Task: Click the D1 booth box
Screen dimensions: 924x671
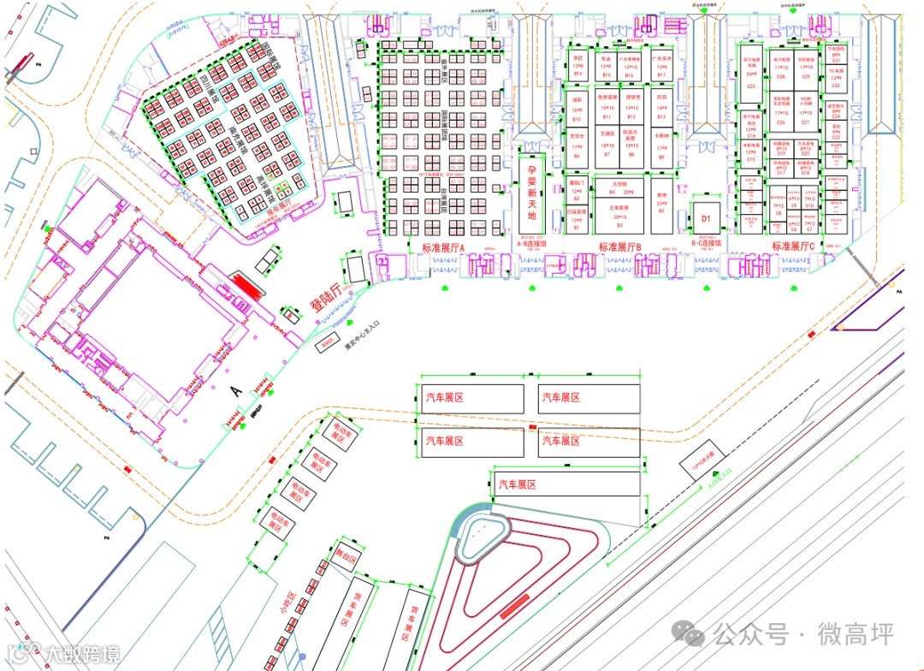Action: pos(707,218)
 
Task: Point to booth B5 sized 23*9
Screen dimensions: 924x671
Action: pos(661,205)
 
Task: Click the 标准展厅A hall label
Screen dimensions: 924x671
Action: pos(443,247)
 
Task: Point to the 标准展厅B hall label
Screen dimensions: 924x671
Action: pos(620,247)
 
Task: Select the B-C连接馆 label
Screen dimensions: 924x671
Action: pos(707,243)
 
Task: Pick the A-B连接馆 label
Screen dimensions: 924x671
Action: pos(536,243)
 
